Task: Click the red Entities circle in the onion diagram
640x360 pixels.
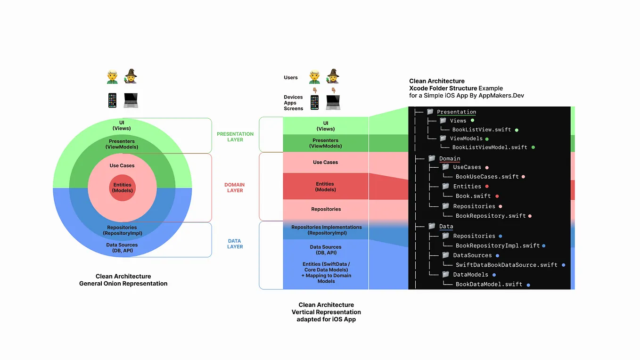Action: coord(122,188)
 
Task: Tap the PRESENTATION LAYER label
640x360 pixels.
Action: coord(235,137)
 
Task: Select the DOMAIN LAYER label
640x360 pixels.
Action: coord(235,188)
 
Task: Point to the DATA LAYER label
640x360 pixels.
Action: coord(235,244)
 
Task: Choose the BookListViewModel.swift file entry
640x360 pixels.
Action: coord(490,147)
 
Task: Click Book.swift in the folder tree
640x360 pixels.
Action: coord(473,196)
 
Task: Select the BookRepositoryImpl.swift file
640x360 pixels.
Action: coord(497,245)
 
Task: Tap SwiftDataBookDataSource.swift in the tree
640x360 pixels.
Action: coord(506,265)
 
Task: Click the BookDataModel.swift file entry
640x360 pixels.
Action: coord(489,284)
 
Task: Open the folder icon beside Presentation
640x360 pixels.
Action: coord(430,112)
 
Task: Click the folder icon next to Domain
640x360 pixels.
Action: coord(432,158)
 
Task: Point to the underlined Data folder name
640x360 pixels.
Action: coord(446,226)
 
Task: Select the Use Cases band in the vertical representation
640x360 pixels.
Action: coord(325,162)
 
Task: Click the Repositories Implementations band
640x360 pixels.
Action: coord(326,230)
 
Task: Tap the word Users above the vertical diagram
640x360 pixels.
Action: coord(291,78)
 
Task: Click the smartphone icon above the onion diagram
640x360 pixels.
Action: coord(112,100)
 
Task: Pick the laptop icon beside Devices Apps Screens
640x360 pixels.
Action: coord(333,102)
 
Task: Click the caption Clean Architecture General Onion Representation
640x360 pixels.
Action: coord(123,280)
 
